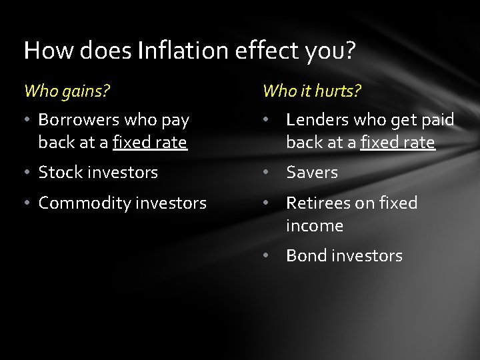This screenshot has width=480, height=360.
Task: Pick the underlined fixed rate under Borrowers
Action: point(149,142)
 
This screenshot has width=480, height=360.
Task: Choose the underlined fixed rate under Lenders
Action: point(397,142)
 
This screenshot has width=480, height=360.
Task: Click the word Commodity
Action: point(79,203)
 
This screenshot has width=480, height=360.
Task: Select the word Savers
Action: point(312,172)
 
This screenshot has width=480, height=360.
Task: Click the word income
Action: point(315,225)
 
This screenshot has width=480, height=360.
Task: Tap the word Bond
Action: point(304,255)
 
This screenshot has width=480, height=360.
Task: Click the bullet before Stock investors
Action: point(29,173)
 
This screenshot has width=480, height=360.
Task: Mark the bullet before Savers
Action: point(265,173)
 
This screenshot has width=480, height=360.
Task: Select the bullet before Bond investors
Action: point(265,256)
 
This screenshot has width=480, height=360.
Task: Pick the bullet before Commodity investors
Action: point(29,203)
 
